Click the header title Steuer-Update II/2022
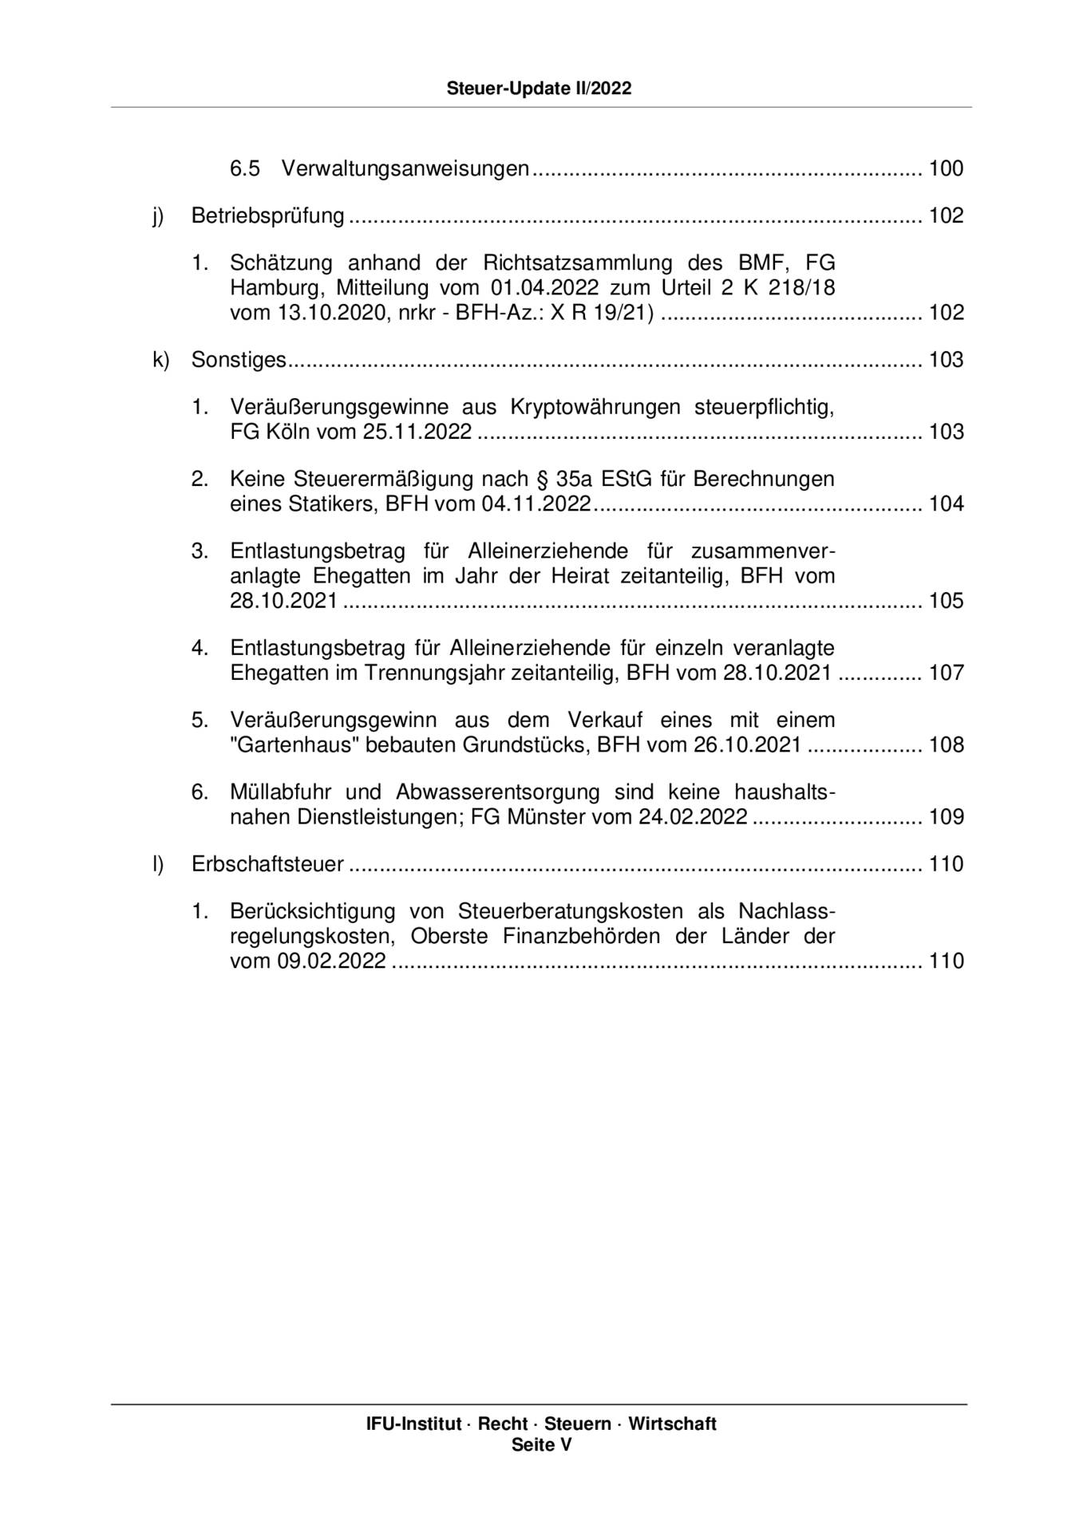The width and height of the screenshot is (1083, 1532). point(539,89)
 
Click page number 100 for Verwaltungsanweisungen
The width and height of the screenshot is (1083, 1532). point(946,168)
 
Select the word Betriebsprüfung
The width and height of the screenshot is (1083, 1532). point(267,216)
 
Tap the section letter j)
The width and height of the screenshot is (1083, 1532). point(158,216)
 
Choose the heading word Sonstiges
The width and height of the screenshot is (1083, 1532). point(238,360)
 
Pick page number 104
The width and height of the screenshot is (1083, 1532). point(946,503)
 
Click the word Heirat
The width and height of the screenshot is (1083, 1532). point(583,575)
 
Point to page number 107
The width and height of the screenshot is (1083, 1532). point(946,673)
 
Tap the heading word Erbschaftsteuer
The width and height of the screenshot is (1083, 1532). point(267,864)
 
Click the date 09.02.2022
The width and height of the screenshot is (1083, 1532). point(331,961)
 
